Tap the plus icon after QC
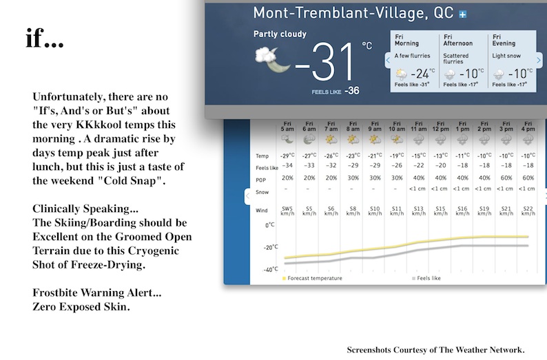click(462, 13)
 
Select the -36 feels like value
click(352, 91)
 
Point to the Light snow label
click(506, 56)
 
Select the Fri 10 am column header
click(397, 127)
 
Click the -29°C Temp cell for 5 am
click(288, 156)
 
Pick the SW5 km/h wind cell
click(288, 211)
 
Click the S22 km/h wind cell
click(528, 211)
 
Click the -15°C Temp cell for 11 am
click(419, 156)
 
